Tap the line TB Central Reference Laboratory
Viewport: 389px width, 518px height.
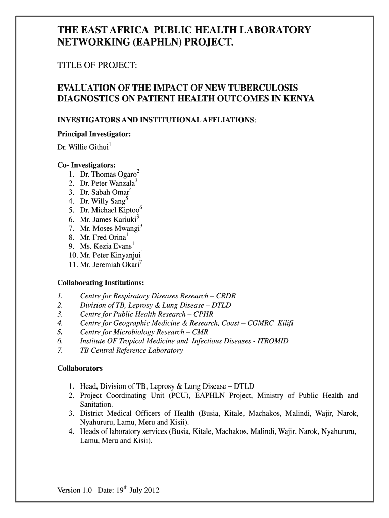click(x=131, y=351)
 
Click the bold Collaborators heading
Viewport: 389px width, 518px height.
click(x=80, y=368)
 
